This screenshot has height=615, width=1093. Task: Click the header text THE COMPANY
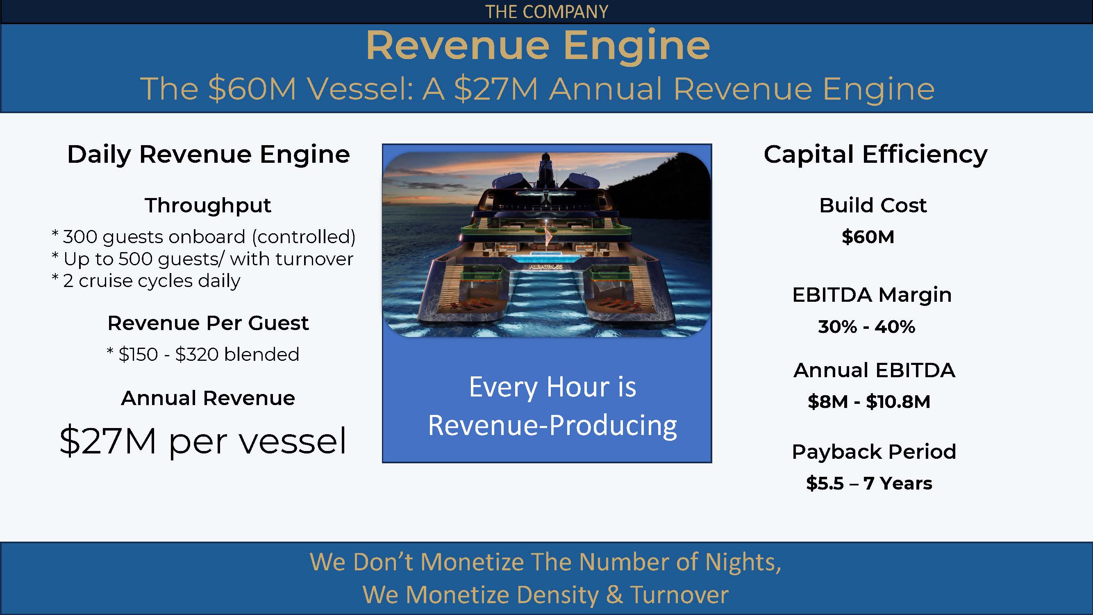[547, 11]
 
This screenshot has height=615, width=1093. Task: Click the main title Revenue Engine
[538, 46]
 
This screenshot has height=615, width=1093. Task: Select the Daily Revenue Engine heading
[208, 155]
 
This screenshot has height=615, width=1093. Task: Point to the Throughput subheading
[208, 206]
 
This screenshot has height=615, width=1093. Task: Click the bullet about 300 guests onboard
[203, 237]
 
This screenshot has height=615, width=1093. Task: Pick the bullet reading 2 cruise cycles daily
[145, 281]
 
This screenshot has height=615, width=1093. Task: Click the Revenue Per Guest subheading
[208, 323]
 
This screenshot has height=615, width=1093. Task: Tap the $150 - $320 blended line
[203, 354]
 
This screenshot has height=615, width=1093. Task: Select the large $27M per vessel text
[203, 441]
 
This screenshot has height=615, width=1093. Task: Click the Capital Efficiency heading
[875, 155]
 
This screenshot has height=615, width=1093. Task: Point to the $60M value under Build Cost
[868, 237]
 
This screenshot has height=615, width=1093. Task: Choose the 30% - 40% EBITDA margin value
[866, 326]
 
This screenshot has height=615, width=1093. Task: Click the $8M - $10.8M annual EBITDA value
[868, 401]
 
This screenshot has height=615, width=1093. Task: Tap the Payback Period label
[874, 451]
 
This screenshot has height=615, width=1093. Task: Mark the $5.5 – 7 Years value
[869, 483]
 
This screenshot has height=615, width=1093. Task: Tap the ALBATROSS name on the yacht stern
[546, 266]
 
